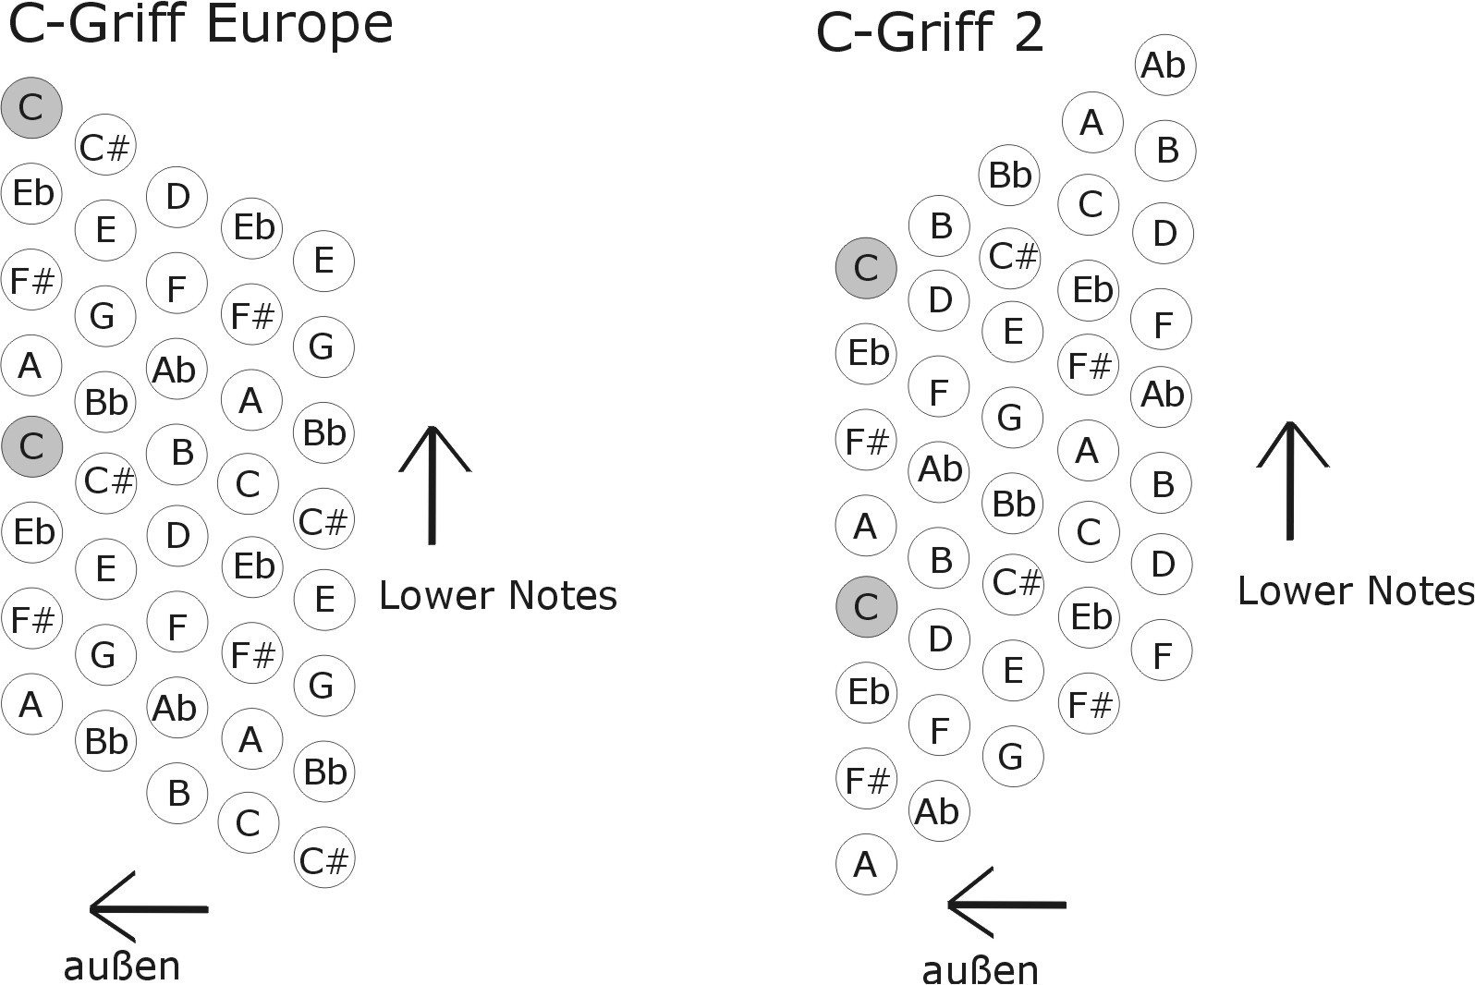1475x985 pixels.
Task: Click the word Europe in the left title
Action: click(299, 24)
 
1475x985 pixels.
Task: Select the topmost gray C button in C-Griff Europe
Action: click(31, 108)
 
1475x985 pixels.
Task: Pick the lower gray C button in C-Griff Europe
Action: click(31, 447)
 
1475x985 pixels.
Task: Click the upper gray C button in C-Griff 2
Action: click(866, 268)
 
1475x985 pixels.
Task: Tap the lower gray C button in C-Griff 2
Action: click(866, 607)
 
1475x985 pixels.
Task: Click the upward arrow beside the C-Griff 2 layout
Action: click(1290, 480)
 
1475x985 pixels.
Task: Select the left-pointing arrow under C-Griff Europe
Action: click(148, 908)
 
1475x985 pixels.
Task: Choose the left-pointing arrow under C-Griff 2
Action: click(1006, 904)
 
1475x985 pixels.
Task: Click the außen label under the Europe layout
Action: click(122, 967)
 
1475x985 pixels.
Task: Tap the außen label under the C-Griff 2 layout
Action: click(981, 970)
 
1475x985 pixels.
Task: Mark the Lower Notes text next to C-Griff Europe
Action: click(498, 596)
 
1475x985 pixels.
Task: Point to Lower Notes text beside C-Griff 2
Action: click(1355, 591)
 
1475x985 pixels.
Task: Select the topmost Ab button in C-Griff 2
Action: click(1164, 66)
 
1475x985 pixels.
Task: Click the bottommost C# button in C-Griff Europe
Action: click(323, 860)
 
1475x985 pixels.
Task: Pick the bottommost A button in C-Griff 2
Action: click(866, 865)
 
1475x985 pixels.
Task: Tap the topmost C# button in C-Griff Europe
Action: click(105, 147)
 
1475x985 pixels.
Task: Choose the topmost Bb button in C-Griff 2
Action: click(1009, 175)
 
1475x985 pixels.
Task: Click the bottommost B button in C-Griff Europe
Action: click(178, 793)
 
